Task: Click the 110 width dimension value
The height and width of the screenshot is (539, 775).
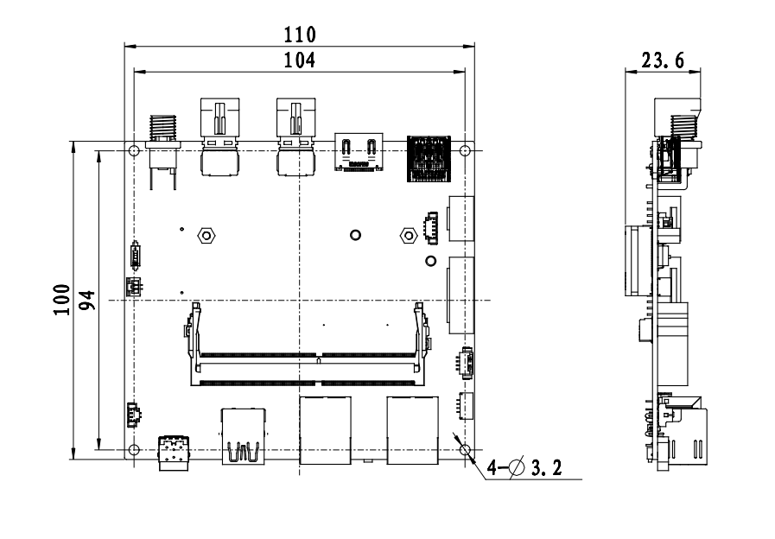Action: pos(299,35)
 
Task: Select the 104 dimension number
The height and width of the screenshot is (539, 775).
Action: pos(299,60)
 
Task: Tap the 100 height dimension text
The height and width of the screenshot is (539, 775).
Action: pos(62,300)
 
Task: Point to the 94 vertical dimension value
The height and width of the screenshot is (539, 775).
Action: pos(87,300)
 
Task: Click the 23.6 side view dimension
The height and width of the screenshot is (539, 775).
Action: pos(663,60)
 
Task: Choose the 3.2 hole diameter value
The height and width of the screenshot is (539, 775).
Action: pos(547,467)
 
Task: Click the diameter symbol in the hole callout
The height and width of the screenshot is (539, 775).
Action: pos(517,466)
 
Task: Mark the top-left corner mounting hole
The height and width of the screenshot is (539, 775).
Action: pos(133,150)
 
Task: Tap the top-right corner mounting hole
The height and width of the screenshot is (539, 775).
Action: pos(465,150)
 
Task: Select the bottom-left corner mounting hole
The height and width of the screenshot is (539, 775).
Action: pos(133,449)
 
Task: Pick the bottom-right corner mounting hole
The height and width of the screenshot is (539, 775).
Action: pos(465,449)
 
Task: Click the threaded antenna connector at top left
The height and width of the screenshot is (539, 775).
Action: pos(162,152)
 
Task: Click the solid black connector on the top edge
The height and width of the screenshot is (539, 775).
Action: pos(429,158)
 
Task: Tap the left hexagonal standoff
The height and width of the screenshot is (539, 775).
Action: pos(206,235)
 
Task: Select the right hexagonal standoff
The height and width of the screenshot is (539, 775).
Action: pos(409,235)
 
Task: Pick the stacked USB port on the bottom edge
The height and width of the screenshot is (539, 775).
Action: pos(243,435)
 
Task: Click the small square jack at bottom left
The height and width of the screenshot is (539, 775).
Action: pos(174,453)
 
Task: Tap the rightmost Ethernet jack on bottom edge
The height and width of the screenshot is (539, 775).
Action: pos(413,430)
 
